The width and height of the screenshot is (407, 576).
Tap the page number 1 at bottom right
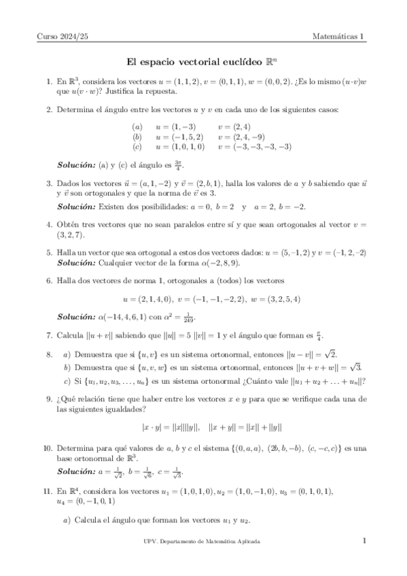coord(364,541)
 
